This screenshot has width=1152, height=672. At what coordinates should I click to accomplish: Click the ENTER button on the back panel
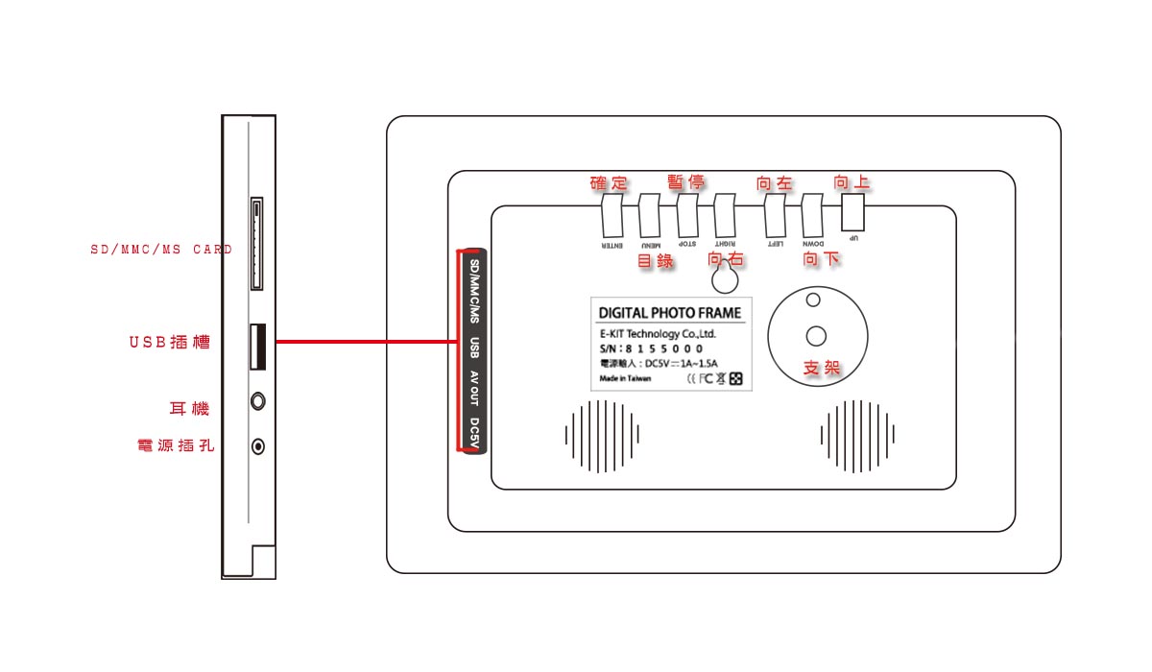(x=612, y=217)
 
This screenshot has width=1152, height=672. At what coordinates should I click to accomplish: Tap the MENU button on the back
(x=650, y=217)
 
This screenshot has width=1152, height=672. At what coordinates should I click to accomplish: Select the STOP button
(x=687, y=217)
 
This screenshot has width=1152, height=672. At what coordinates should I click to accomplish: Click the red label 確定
(x=609, y=183)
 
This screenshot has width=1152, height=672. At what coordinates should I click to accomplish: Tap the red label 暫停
(x=686, y=182)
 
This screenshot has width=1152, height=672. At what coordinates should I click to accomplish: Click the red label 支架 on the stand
(x=822, y=368)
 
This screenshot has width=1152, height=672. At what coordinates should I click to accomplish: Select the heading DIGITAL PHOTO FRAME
(x=670, y=313)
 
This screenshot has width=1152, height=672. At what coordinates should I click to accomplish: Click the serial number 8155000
(x=663, y=348)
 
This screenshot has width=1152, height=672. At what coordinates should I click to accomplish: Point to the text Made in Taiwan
(x=625, y=379)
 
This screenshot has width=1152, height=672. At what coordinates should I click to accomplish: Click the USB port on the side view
(x=257, y=347)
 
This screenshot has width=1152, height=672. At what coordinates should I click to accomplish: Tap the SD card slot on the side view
(x=257, y=245)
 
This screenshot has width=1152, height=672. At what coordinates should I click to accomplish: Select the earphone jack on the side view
(x=257, y=400)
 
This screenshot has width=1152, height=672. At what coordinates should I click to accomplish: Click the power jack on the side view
(x=257, y=445)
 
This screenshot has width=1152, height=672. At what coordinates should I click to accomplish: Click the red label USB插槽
(x=170, y=342)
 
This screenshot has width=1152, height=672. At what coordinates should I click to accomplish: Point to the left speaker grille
(x=602, y=436)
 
